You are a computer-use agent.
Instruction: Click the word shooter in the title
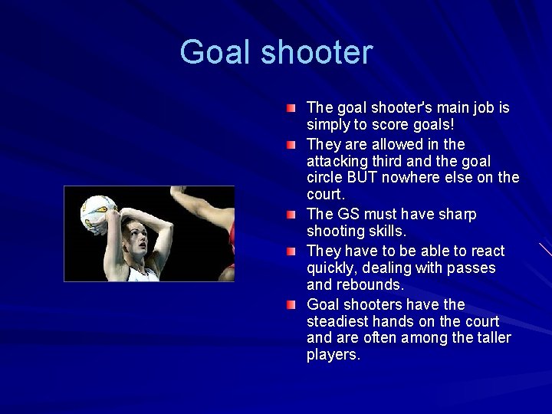point(317,53)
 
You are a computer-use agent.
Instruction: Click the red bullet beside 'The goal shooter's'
point(291,108)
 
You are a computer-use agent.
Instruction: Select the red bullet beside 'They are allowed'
point(291,144)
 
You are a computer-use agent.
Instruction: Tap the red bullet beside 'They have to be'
point(291,251)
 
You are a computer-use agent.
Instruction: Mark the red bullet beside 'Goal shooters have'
point(291,304)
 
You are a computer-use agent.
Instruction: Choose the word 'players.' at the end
point(333,355)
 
